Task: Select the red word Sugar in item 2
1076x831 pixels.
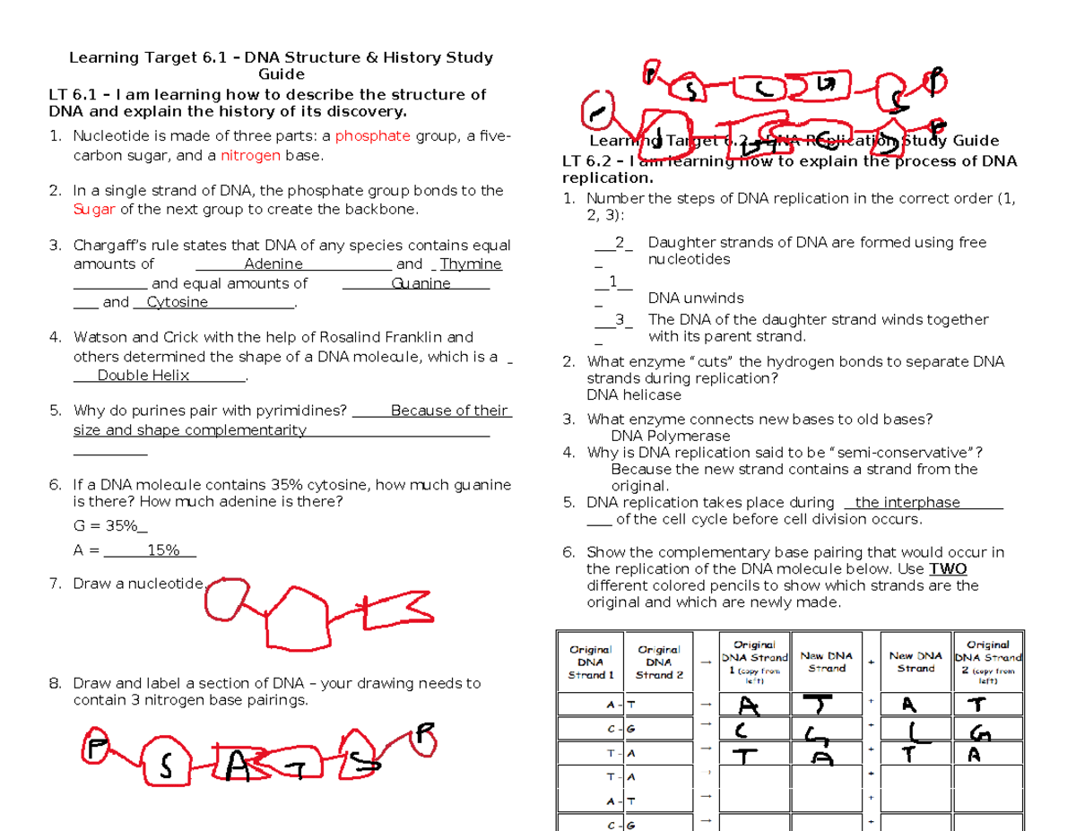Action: click(x=93, y=209)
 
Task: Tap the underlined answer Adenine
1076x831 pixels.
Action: click(x=273, y=264)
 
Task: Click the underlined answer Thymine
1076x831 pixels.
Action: click(x=471, y=264)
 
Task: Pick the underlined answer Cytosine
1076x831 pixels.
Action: click(x=177, y=302)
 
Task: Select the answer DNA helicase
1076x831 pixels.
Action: click(x=633, y=395)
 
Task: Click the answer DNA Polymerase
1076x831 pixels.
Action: click(x=670, y=436)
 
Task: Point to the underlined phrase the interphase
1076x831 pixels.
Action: click(x=907, y=502)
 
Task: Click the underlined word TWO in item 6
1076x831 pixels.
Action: click(x=948, y=568)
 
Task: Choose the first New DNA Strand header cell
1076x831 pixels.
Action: click(x=826, y=662)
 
